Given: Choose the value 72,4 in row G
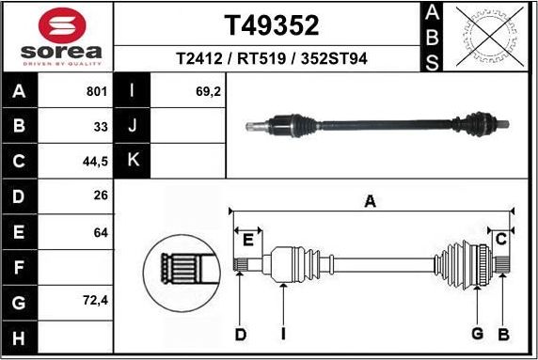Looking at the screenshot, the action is point(96,303).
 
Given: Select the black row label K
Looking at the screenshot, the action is point(133,161).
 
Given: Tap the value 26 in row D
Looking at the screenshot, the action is point(100,196).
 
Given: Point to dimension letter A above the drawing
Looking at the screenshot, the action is point(371,201).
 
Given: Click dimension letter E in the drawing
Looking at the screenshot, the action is point(248,240).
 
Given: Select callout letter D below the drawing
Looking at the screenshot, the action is point(240,334).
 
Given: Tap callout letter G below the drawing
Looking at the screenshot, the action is point(477,334).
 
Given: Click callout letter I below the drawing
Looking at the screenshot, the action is point(282,334).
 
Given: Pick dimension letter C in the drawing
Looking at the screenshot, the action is point(501,238).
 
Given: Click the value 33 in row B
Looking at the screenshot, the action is point(100,126).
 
